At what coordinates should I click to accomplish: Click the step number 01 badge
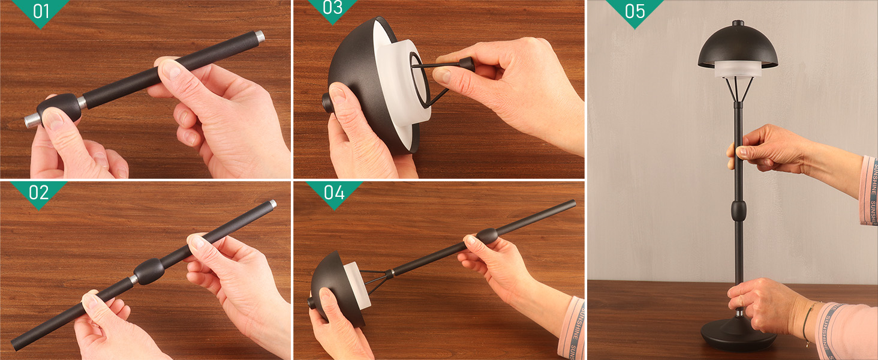tap(40, 11)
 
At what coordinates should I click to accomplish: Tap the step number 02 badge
tap(39, 193)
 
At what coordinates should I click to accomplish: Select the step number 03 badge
tap(332, 8)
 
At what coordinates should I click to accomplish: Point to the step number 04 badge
tap(334, 193)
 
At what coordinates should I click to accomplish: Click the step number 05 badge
tap(635, 11)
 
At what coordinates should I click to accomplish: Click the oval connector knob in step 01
tap(59, 108)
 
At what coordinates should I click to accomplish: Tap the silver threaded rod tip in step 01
tap(260, 38)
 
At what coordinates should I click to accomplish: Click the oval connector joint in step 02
tap(149, 271)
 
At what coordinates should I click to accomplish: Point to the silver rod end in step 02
tap(272, 204)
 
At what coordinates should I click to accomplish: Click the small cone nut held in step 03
tap(467, 64)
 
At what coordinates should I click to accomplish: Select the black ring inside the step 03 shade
tap(420, 80)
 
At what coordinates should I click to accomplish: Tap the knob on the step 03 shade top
tap(326, 103)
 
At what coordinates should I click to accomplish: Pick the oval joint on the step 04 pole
tap(486, 236)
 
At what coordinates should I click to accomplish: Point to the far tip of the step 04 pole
tap(573, 203)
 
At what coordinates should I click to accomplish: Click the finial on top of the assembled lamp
tap(738, 23)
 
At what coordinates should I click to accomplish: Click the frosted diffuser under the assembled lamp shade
tap(738, 70)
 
